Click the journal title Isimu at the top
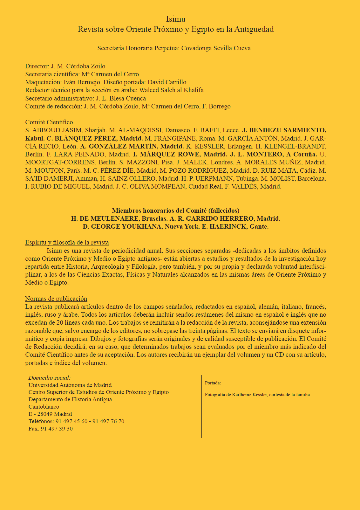[176, 19]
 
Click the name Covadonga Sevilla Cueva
[216, 48]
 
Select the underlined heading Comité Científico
[49, 122]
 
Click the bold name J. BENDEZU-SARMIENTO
[284, 130]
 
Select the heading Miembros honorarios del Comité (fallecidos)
[176, 210]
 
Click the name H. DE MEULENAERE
[105, 219]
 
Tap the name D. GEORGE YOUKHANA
[122, 227]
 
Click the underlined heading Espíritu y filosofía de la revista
[67, 243]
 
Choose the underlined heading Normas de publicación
[56, 299]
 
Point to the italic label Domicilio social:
[50, 378]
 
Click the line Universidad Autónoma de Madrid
[70, 385]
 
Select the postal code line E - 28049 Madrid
[50, 414]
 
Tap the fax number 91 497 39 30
[57, 429]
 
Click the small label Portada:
[213, 383]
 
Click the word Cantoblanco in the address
[44, 407]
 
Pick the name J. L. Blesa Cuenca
[121, 99]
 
